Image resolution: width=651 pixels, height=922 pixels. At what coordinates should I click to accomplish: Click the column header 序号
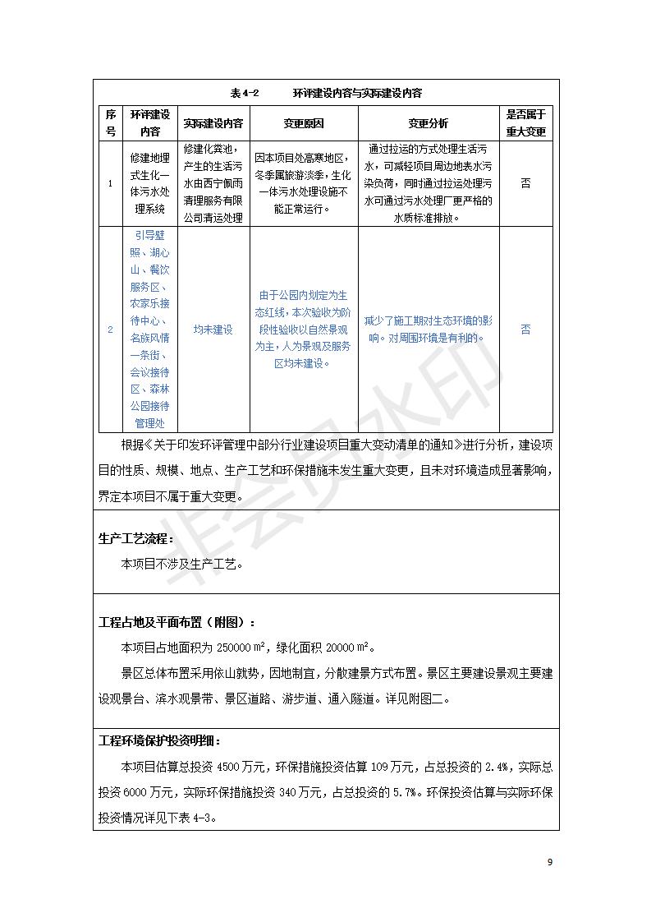[111, 122]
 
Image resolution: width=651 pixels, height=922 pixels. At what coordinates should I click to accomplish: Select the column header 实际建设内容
[213, 123]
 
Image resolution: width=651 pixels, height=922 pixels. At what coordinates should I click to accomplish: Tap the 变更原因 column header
[304, 123]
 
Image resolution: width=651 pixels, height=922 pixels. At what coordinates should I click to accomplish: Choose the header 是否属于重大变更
[525, 122]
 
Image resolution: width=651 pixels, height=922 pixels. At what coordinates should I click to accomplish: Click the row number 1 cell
[111, 183]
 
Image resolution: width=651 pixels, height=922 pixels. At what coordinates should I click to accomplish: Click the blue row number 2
[111, 330]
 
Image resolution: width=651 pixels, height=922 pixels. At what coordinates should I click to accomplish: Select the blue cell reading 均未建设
[213, 330]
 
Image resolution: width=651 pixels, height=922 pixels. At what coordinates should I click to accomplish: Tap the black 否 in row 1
[525, 183]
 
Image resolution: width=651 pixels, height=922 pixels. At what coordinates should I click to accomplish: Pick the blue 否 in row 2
[525, 330]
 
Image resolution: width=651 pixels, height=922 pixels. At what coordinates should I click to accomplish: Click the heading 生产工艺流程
[136, 539]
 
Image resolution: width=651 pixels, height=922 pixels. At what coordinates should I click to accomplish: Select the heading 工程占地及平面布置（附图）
[177, 622]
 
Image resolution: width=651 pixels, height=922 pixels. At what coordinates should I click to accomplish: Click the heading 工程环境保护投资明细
[159, 740]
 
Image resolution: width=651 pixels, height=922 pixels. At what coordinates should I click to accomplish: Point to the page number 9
[550, 862]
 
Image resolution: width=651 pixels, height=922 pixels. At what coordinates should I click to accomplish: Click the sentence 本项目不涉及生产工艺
[182, 565]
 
